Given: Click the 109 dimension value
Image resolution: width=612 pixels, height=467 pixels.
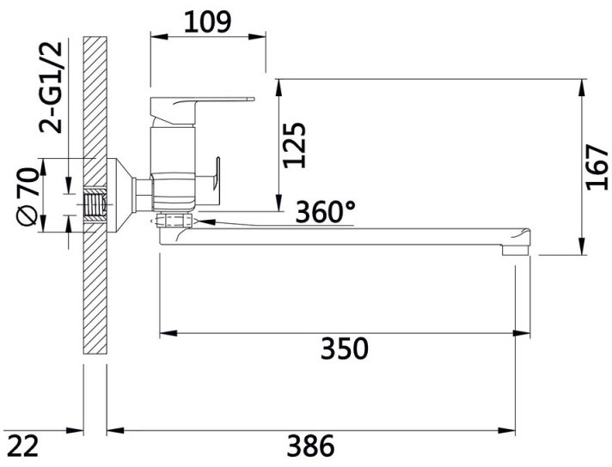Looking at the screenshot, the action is point(208,21).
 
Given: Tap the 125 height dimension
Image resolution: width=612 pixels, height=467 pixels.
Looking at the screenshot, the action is point(294,145).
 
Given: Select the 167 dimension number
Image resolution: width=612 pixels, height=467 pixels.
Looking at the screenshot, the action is point(597,167).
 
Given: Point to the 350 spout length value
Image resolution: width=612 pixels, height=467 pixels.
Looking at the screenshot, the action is point(344,349).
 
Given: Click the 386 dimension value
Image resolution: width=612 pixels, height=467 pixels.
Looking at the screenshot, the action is point(311,446).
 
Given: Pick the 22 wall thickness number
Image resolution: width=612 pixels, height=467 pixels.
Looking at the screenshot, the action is point(23,446).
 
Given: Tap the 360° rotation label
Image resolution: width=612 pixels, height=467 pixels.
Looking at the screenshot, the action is point(326,212).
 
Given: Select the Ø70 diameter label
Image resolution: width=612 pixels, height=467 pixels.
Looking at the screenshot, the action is point(28,197).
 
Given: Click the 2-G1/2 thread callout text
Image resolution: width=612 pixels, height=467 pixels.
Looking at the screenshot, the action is point(51,87).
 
